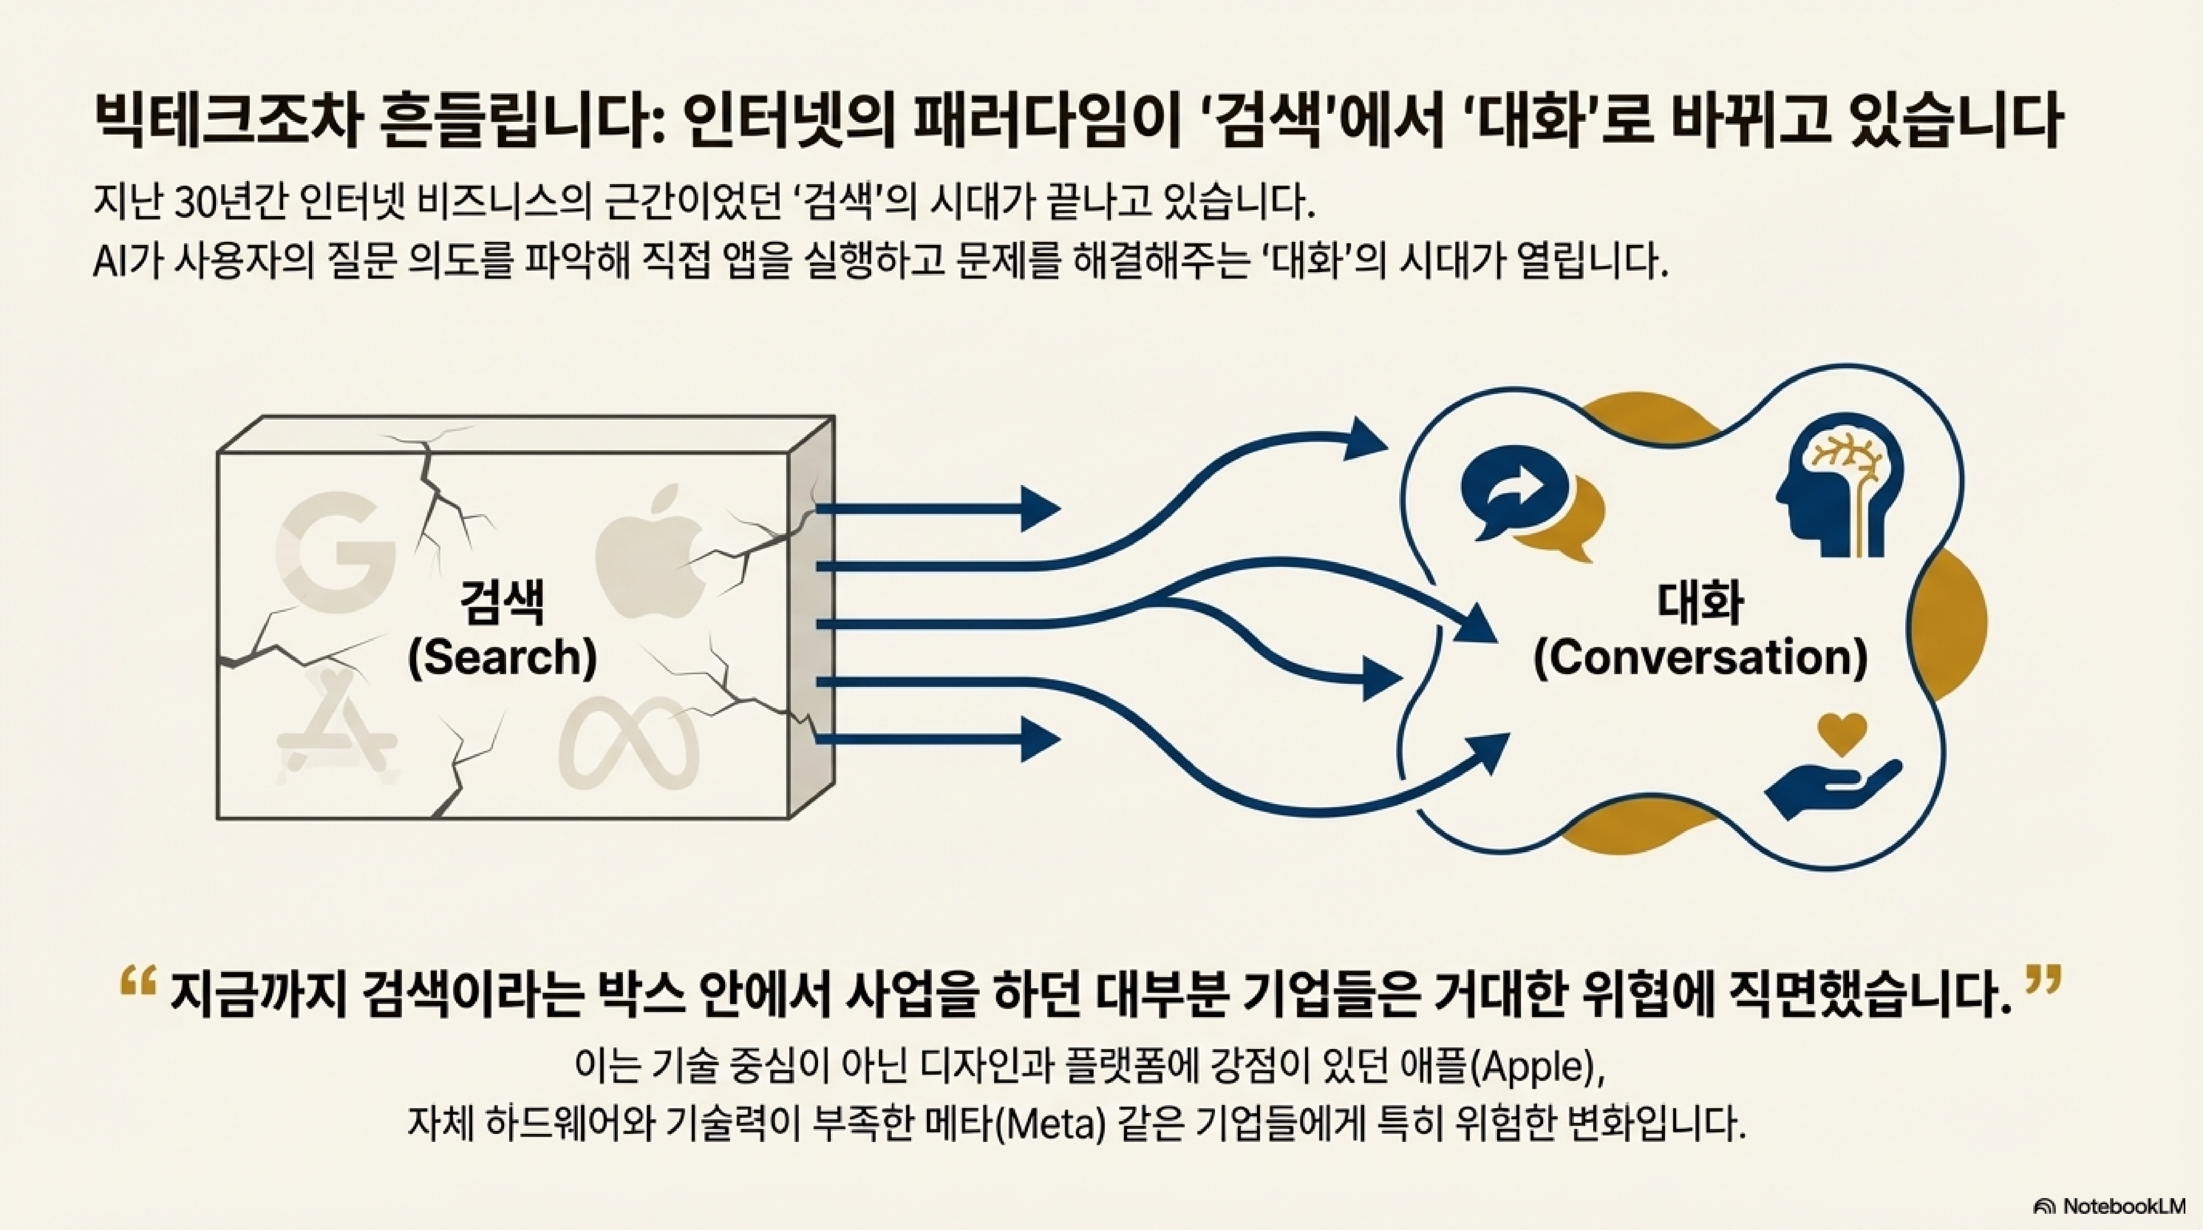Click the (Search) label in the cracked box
click(x=502, y=658)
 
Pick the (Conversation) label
click(x=1700, y=658)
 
